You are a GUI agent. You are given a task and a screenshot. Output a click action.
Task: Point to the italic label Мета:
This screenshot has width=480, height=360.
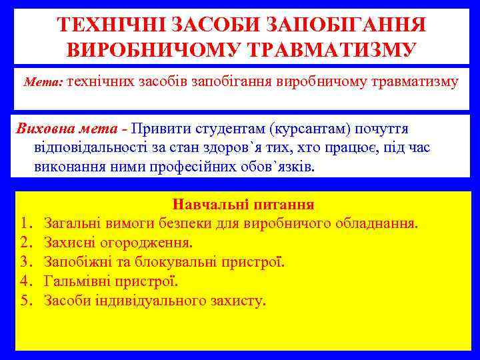click(x=43, y=83)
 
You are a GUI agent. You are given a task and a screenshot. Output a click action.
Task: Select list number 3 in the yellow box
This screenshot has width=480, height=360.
click(x=26, y=262)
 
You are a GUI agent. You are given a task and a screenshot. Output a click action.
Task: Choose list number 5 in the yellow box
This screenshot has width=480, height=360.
click(x=26, y=301)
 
